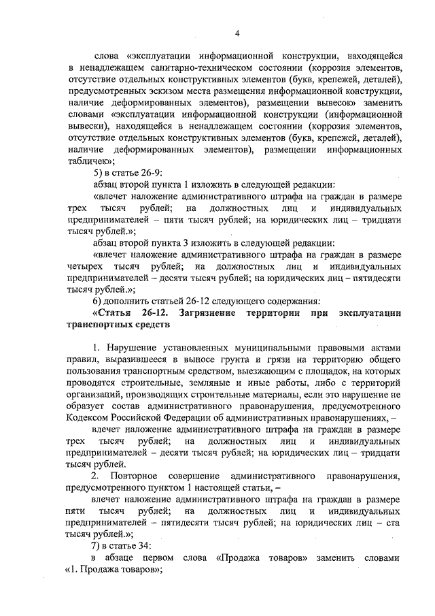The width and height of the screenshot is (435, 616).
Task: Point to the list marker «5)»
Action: click(x=98, y=173)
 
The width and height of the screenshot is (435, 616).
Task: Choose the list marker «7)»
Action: click(x=98, y=546)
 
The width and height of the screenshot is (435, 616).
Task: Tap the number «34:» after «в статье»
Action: click(x=150, y=546)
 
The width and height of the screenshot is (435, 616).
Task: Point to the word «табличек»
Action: click(x=89, y=161)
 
